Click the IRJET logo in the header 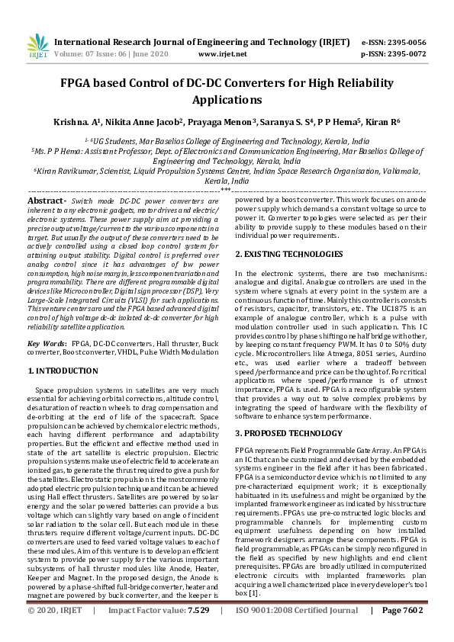(37, 47)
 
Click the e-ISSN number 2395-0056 (404, 43)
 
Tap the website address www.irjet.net (222, 54)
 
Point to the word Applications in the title (227, 100)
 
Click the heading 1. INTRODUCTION (63, 371)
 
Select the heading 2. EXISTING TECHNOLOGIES (288, 254)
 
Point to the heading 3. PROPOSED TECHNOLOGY (288, 433)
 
